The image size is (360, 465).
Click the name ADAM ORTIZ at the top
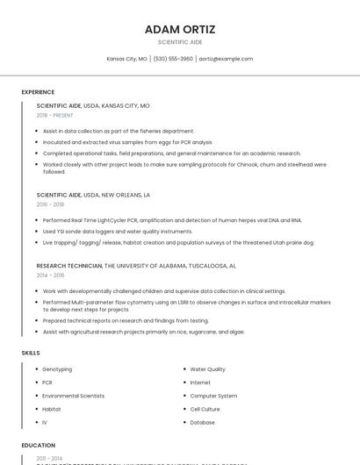click(x=179, y=29)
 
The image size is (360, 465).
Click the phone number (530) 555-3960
click(x=173, y=59)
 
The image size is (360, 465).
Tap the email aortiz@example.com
click(x=226, y=59)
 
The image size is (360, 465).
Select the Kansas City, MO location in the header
click(x=126, y=59)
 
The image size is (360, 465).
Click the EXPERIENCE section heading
click(x=38, y=92)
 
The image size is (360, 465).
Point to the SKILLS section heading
click(x=31, y=353)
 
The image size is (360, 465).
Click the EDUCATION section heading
click(x=39, y=446)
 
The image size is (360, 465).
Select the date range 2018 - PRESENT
click(x=55, y=115)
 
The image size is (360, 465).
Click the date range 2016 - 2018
click(x=50, y=204)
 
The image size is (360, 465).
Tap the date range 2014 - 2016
click(x=50, y=275)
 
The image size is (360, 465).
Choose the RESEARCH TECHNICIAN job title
click(x=69, y=265)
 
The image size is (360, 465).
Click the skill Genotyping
click(x=57, y=369)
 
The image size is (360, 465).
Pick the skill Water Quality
click(x=207, y=369)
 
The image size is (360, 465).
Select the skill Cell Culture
click(x=205, y=409)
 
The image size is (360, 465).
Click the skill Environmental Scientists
click(x=73, y=396)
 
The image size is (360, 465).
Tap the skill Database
click(x=202, y=422)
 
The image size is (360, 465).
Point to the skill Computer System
click(x=213, y=396)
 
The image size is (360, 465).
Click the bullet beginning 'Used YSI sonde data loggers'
click(x=117, y=231)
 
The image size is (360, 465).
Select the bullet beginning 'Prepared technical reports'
click(x=126, y=320)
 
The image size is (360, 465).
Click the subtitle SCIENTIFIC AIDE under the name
click(x=179, y=42)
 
